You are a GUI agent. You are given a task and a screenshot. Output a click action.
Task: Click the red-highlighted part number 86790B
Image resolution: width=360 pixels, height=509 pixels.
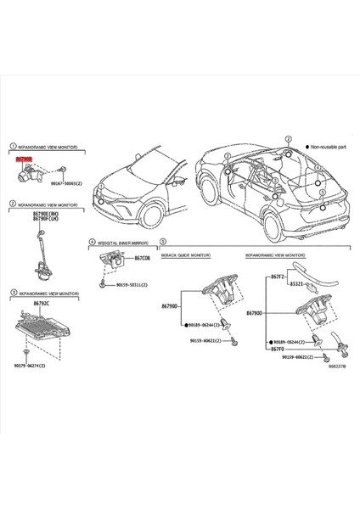click(23, 158)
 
